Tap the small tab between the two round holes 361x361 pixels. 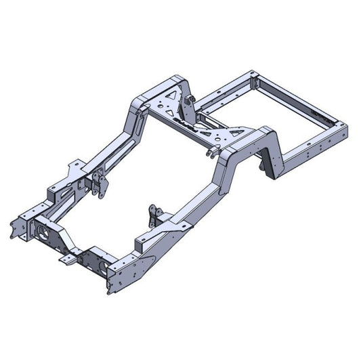point(68,257)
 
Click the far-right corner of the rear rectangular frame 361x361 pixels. point(347,126)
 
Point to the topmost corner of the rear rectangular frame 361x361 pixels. point(253,71)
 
